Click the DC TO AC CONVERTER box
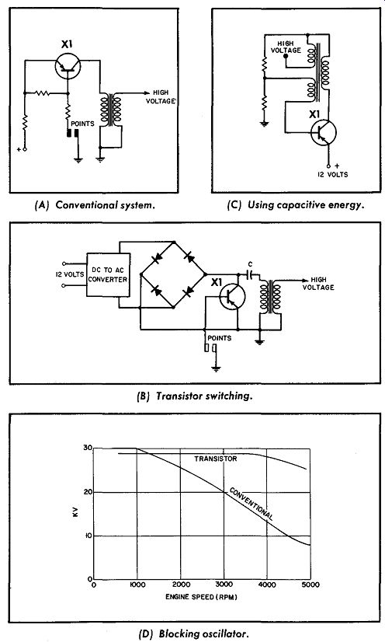pos(109,274)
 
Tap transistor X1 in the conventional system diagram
pos(68,66)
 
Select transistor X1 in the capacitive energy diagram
pos(323,133)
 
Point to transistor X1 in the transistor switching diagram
pos(233,297)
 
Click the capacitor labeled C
pos(250,274)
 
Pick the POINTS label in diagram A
pos(82,124)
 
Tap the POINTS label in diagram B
pos(220,338)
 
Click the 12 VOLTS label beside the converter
pos(70,274)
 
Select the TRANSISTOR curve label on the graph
pos(215,459)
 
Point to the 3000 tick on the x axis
pos(224,584)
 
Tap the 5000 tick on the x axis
pos(310,584)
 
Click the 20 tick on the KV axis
pos(88,492)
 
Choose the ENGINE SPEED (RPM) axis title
pos(201,597)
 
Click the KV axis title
pos(75,514)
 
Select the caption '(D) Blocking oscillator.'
pos(193,633)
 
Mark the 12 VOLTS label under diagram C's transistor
pos(333,174)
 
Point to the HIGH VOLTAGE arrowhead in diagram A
pos(147,93)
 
